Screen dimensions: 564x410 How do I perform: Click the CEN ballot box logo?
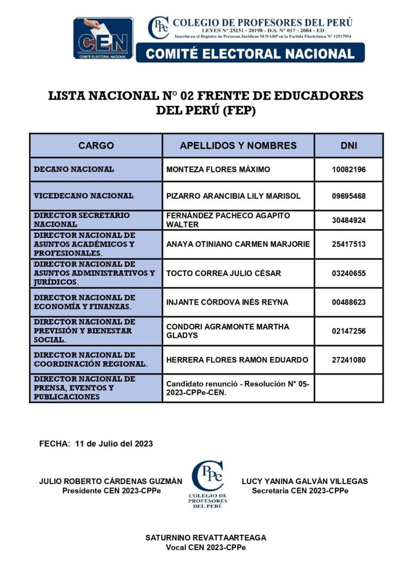(x=104, y=38)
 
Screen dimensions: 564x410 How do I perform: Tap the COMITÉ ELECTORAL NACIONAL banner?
(x=250, y=53)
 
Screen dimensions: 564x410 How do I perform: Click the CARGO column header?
(x=96, y=146)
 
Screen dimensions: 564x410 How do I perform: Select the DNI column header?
(x=348, y=146)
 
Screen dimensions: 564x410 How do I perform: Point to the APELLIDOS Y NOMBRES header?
(x=238, y=146)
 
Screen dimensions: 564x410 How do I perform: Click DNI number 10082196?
(x=348, y=170)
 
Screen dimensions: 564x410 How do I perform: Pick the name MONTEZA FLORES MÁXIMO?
(x=218, y=170)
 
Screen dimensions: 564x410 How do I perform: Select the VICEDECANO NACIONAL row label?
(x=84, y=196)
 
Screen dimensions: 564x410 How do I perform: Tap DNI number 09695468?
(x=348, y=196)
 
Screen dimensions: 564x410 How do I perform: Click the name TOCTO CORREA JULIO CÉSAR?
(x=223, y=274)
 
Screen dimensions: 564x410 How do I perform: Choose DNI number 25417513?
(x=348, y=244)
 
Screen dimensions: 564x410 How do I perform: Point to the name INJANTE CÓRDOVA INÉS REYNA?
(x=227, y=302)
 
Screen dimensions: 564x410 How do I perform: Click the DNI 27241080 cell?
(x=348, y=360)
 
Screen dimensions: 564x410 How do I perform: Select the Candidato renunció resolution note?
(x=238, y=388)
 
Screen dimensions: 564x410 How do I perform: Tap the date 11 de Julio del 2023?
(x=114, y=443)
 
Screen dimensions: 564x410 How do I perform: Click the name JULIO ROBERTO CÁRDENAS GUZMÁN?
(x=110, y=481)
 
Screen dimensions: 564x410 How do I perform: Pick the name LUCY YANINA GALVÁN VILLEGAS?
(x=305, y=481)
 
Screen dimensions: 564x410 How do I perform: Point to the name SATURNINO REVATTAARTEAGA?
(x=206, y=538)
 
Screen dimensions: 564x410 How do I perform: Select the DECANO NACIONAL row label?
(x=74, y=169)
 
